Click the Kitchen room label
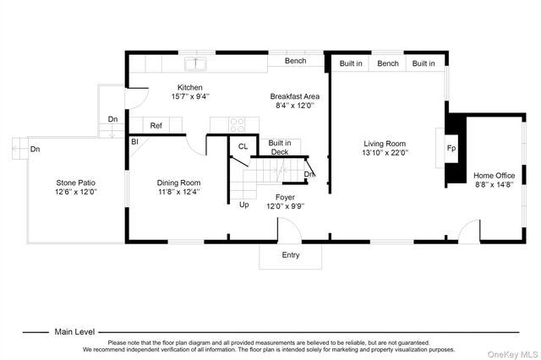pos(189,88)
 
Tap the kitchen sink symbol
pos(195,64)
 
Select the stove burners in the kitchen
pos(238,125)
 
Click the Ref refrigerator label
pos(156,126)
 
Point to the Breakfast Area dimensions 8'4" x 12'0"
pos(295,106)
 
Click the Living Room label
pos(385,144)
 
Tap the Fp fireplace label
pos(451,148)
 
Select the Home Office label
pos(494,176)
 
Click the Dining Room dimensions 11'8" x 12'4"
pos(178,192)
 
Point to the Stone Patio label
pos(75,183)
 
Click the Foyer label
pos(285,197)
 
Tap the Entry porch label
pos(291,255)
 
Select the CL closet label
pos(243,146)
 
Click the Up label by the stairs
pos(244,205)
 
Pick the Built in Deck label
pos(280,147)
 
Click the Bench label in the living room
pos(388,63)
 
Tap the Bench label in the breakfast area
pos(295,61)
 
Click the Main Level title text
pos(74,332)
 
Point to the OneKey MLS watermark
pos(513,354)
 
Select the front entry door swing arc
pos(294,225)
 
